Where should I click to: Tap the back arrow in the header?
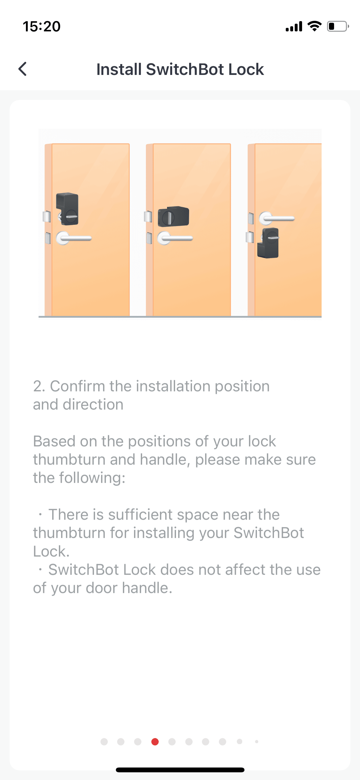point(22,69)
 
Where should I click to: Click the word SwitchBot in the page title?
point(185,69)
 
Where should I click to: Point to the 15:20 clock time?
point(42,26)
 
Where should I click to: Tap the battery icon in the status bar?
point(338,26)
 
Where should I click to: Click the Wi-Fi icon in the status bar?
point(315,26)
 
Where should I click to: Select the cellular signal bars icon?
point(294,27)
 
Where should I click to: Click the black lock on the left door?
point(68,209)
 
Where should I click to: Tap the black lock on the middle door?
point(173,216)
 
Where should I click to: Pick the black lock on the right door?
point(268,243)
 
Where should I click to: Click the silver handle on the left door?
point(74,238)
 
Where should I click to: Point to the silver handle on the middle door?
point(175,238)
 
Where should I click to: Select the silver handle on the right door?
point(276,218)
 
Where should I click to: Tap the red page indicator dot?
point(155,742)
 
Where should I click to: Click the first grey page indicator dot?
point(104,742)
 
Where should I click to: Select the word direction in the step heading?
point(93,404)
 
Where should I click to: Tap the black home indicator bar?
point(180,770)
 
